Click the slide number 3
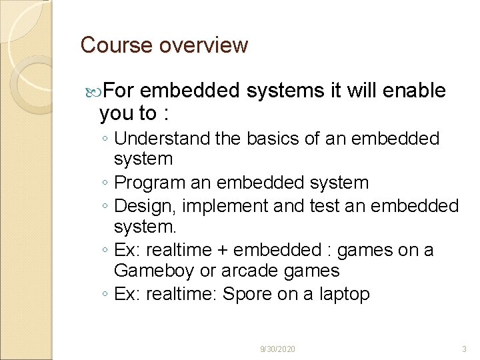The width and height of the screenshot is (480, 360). coord(464,349)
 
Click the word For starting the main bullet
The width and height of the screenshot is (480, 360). coord(120,91)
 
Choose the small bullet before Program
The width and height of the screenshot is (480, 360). coord(106,183)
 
